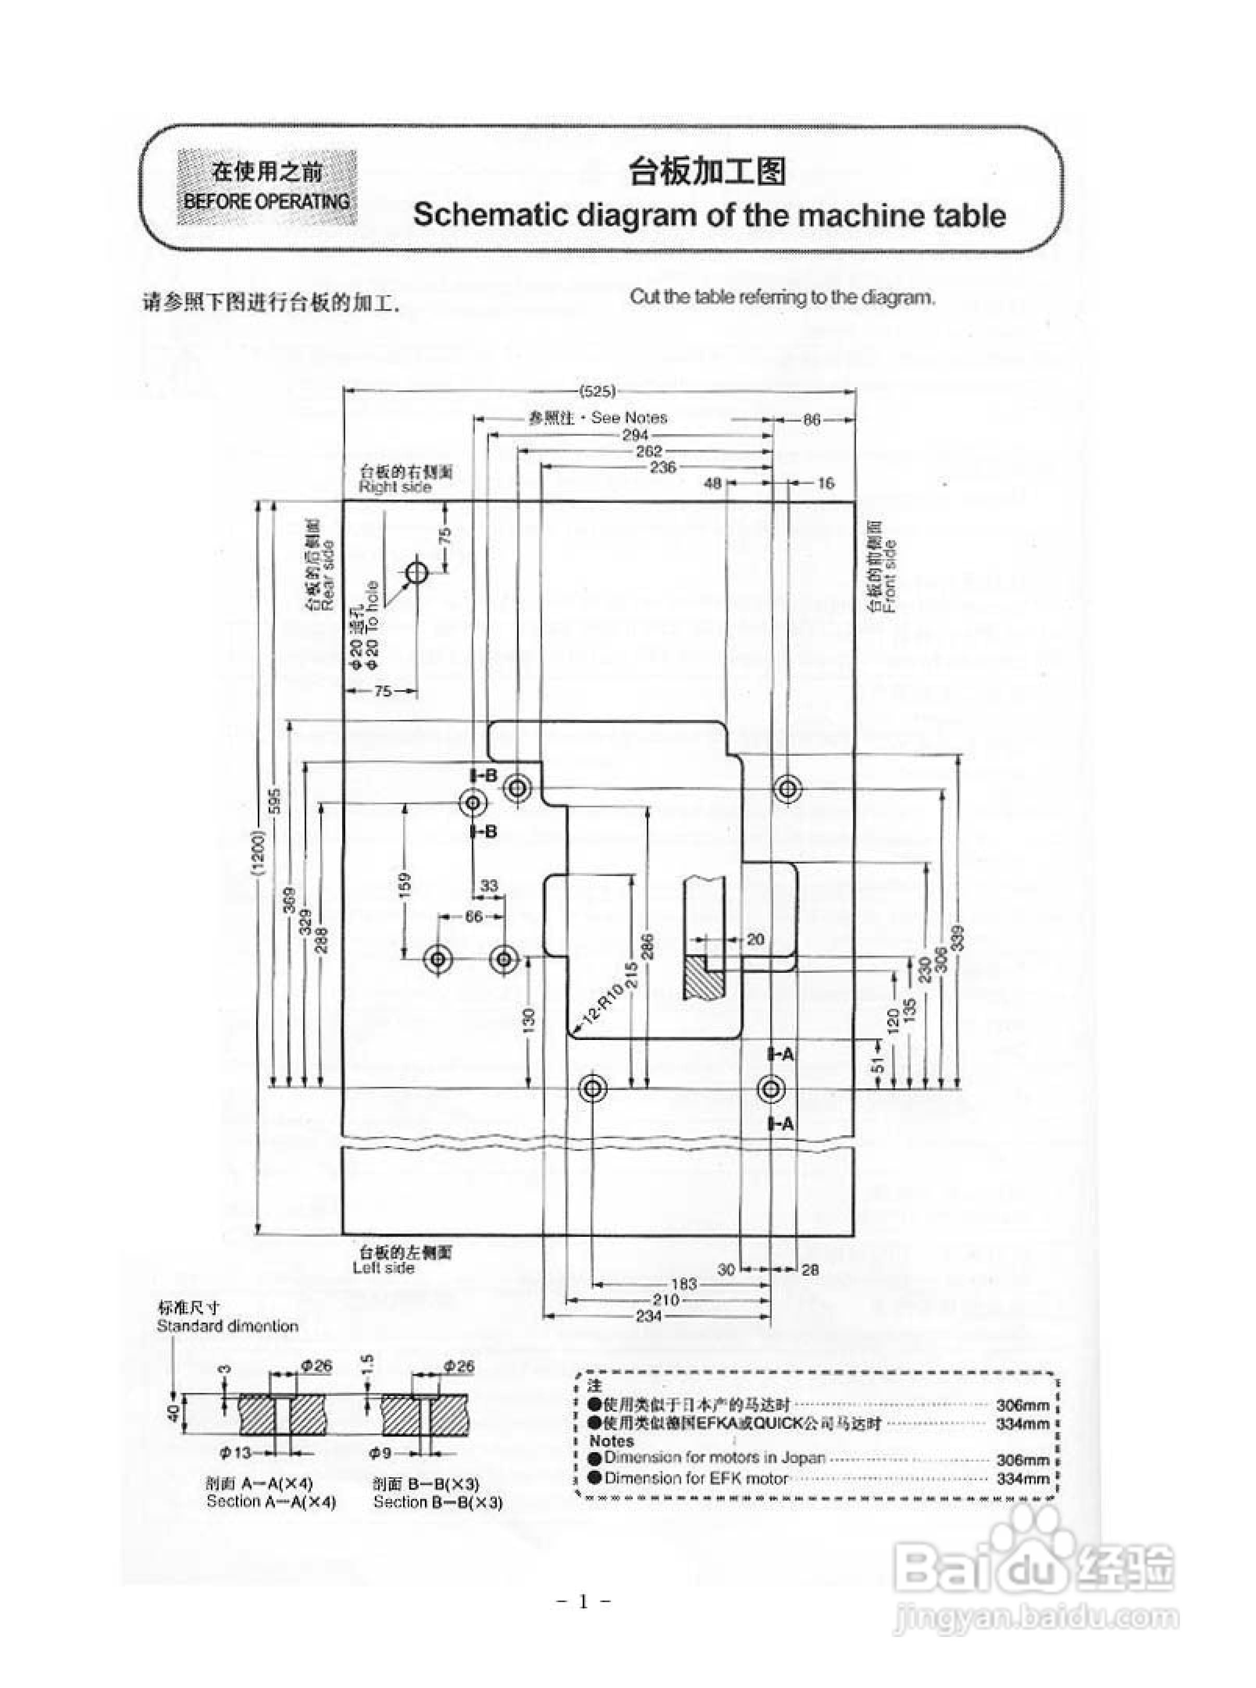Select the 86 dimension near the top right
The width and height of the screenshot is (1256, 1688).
[x=812, y=419]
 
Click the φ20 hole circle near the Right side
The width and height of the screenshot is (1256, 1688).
[x=417, y=572]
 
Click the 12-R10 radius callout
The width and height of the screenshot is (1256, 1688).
[x=602, y=1006]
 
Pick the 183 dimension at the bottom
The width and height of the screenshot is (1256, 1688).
[x=684, y=1284]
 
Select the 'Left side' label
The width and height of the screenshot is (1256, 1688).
[x=383, y=1268]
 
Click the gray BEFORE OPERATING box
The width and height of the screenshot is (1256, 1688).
[x=267, y=187]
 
